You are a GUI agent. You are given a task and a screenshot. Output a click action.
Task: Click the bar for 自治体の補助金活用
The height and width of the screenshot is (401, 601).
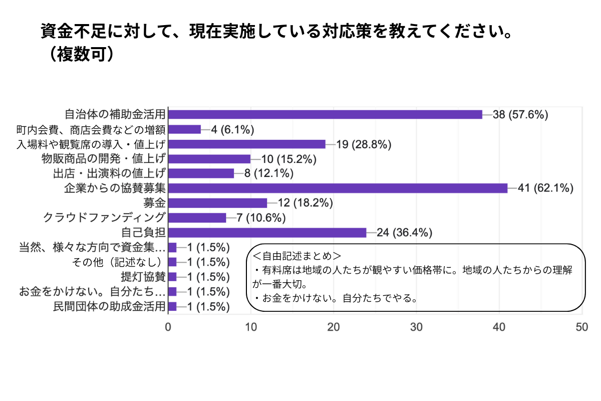click(x=325, y=114)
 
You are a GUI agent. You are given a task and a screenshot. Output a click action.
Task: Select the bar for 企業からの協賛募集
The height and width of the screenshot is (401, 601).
click(x=338, y=188)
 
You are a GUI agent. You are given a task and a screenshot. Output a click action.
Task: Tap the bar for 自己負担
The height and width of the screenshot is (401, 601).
click(x=267, y=233)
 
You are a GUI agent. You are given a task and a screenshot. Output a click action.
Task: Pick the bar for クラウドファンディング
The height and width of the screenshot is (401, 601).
click(x=197, y=218)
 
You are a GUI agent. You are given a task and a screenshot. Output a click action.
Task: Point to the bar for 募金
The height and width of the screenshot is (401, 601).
click(x=218, y=203)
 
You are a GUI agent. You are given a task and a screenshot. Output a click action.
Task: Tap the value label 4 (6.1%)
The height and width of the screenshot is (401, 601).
click(x=232, y=129)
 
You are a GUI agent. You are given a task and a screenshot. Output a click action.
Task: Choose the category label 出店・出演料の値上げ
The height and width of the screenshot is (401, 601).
click(x=109, y=173)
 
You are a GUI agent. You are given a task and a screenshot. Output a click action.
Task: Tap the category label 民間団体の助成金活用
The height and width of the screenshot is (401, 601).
click(x=109, y=306)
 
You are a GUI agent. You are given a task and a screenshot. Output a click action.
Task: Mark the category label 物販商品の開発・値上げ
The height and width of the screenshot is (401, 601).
click(x=103, y=159)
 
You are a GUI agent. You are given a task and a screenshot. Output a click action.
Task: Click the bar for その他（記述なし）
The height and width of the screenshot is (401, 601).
click(x=173, y=262)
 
